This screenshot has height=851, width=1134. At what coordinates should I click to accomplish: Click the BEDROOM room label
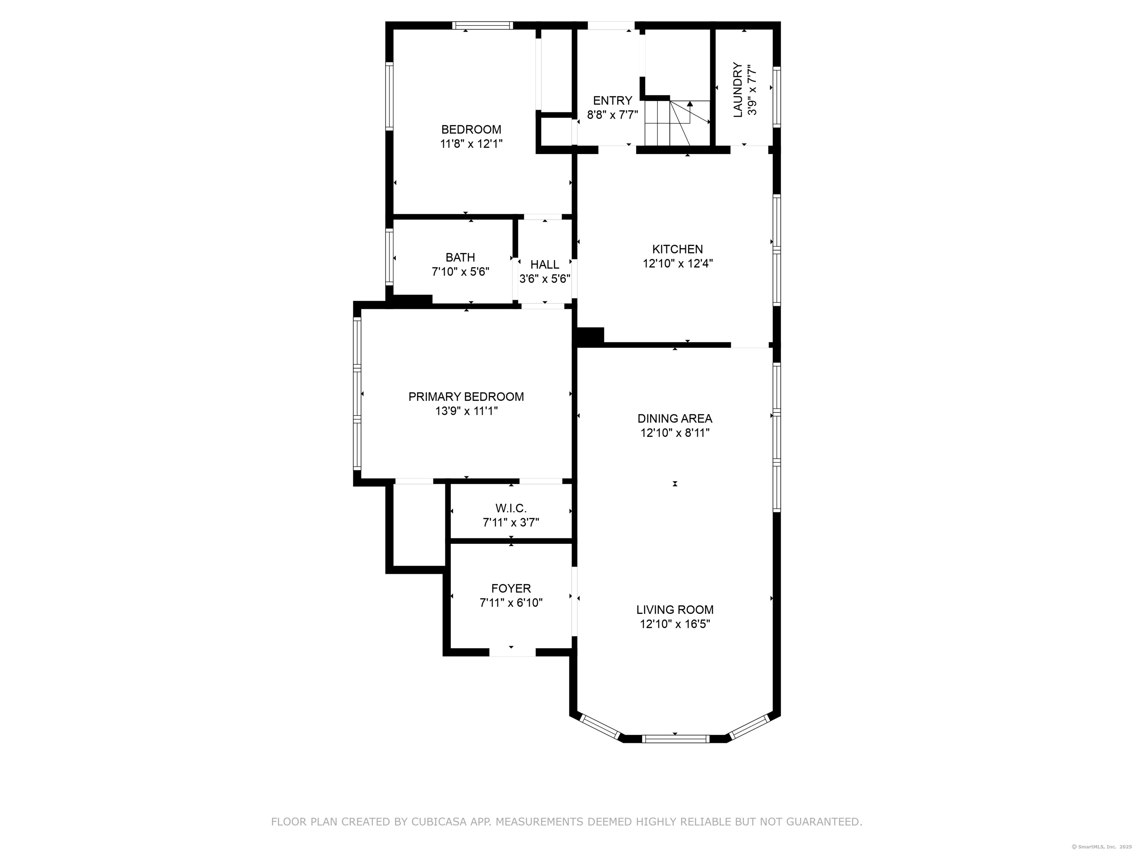[471, 130]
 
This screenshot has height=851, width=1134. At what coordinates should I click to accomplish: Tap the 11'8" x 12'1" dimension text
[471, 144]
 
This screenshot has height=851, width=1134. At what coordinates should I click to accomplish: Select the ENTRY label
[613, 100]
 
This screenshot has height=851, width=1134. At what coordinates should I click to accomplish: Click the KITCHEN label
[677, 249]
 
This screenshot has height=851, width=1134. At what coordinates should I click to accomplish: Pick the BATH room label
[460, 257]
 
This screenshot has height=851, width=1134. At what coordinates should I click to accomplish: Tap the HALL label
[544, 265]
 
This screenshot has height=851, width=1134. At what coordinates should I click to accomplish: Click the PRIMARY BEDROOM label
[466, 397]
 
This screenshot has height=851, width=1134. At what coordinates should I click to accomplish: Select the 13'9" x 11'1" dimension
[466, 411]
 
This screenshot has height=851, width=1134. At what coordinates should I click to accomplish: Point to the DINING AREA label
[675, 418]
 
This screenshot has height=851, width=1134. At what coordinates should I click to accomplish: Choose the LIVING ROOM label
[675, 610]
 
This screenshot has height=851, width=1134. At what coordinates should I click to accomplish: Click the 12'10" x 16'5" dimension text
[675, 624]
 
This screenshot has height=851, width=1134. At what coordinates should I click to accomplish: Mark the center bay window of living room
[676, 739]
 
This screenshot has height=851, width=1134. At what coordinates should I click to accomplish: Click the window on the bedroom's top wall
[482, 25]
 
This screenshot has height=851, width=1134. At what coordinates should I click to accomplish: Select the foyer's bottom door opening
[512, 653]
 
